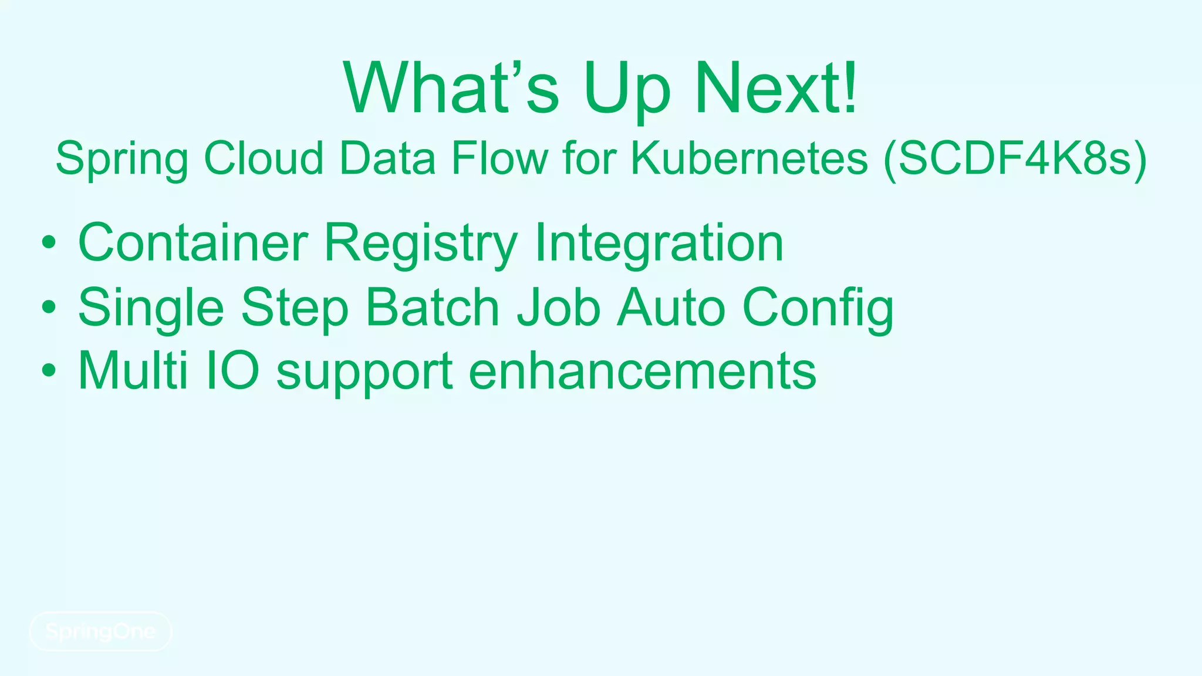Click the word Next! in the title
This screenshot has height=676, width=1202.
tap(776, 88)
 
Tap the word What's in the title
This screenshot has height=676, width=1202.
tap(451, 88)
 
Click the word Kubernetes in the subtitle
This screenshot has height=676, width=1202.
tap(749, 158)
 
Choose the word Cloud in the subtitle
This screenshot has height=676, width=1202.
tap(264, 158)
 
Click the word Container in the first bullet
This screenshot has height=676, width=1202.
tap(193, 242)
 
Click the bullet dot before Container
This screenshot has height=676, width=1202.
tap(49, 242)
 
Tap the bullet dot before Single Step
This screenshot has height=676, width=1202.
tap(49, 306)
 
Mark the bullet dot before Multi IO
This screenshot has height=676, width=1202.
tap(49, 370)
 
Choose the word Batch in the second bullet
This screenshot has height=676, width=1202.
tap(432, 307)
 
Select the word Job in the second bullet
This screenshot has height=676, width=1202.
tap(558, 307)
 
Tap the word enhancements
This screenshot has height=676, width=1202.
tap(642, 370)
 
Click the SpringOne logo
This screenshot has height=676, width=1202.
tap(100, 631)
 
